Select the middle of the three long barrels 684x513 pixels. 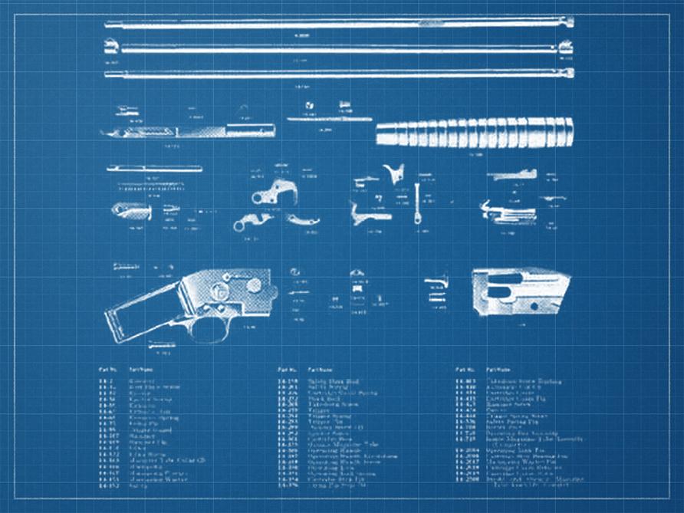click(x=337, y=48)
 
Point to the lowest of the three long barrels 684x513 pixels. click(x=337, y=74)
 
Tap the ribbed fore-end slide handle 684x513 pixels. click(x=475, y=133)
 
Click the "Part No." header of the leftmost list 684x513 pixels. click(x=107, y=369)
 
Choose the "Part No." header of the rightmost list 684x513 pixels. click(x=465, y=369)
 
